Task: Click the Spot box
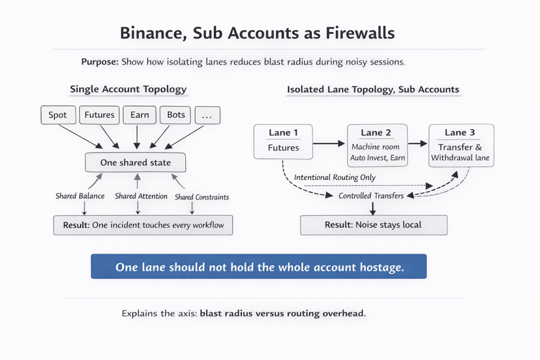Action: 58,115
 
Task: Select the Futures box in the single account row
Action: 99,115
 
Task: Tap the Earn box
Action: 140,115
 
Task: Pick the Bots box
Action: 175,115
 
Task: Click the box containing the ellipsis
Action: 207,115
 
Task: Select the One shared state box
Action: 136,162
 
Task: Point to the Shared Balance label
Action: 80,196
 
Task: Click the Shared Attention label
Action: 142,196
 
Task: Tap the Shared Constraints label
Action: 202,197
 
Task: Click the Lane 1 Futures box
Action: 283,142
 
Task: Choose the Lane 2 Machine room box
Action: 378,145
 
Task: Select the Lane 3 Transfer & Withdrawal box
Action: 461,145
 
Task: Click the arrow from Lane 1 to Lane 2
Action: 329,143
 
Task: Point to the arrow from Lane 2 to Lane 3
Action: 418,143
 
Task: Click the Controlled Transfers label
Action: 371,196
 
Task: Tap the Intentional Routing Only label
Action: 335,177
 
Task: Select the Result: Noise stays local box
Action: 374,225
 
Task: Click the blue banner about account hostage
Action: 259,266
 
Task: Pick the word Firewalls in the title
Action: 360,33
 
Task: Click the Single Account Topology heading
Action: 128,89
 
